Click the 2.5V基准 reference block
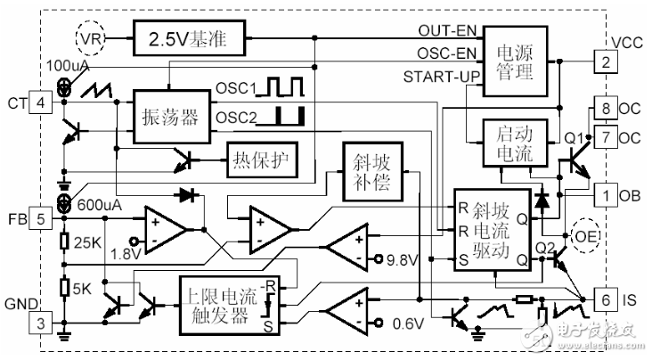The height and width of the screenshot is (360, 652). (x=187, y=38)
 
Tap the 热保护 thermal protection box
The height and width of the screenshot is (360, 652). (x=262, y=160)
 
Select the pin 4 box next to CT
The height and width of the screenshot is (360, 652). (x=41, y=103)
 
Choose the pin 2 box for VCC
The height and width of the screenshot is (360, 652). (x=605, y=62)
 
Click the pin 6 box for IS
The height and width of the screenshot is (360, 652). (x=605, y=300)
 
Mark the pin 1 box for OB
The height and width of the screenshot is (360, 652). (x=605, y=194)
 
